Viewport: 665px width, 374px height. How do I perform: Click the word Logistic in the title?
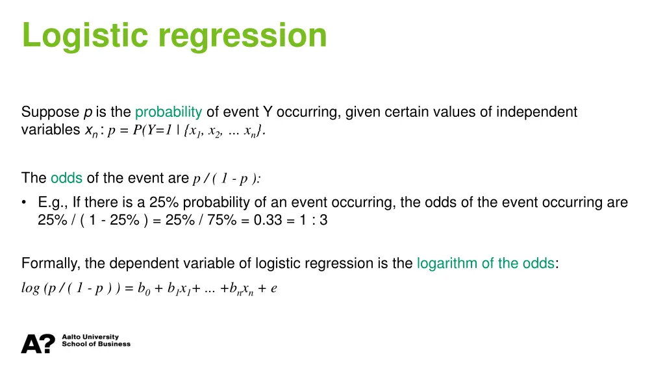coord(87,36)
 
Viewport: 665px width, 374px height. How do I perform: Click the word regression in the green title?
coord(244,36)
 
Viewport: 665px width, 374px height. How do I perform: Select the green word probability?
coord(169,112)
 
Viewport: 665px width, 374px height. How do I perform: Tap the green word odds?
coord(66,178)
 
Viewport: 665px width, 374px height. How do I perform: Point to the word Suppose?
coord(51,112)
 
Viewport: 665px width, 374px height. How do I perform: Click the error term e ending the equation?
coord(274,289)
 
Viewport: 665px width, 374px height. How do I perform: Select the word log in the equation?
coord(31,288)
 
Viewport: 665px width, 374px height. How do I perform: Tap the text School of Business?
coord(95,344)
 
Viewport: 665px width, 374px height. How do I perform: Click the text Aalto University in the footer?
coord(90,337)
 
